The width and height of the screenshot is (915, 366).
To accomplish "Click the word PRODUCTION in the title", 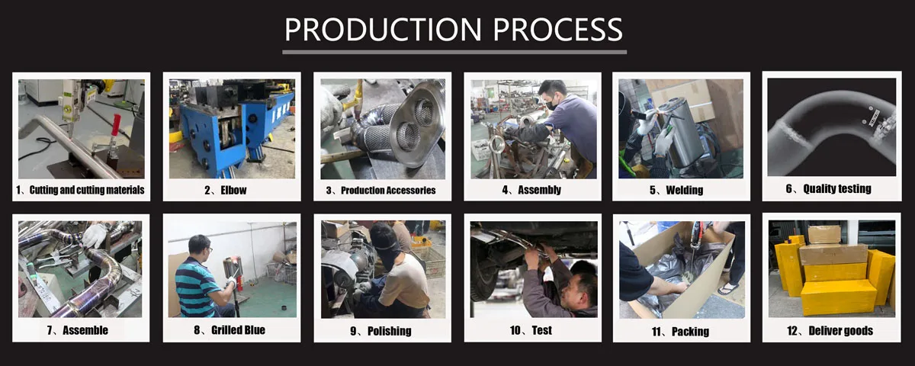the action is click(383, 30).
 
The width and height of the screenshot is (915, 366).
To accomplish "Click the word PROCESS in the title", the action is click(558, 30).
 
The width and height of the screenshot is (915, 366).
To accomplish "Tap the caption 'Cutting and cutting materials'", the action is click(87, 190).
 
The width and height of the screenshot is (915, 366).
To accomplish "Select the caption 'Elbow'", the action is click(233, 191).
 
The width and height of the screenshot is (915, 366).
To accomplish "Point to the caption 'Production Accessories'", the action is click(388, 191).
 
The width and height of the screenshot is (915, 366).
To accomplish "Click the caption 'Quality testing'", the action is click(837, 189).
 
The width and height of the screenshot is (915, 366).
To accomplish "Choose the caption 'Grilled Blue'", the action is click(238, 330).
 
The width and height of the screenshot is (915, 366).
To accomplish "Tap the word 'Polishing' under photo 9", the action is click(390, 331).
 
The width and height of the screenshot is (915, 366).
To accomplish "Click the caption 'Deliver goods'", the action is click(840, 331).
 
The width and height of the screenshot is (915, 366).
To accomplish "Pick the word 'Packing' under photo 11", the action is click(690, 331).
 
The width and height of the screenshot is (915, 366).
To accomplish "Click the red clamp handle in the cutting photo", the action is click(117, 124).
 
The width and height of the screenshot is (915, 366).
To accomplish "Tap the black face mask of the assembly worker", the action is click(552, 104).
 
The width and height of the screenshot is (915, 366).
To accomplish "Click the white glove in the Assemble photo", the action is click(95, 235).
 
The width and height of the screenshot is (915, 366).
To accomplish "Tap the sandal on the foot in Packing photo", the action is click(727, 289).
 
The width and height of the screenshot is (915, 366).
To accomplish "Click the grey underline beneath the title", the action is click(454, 53).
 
